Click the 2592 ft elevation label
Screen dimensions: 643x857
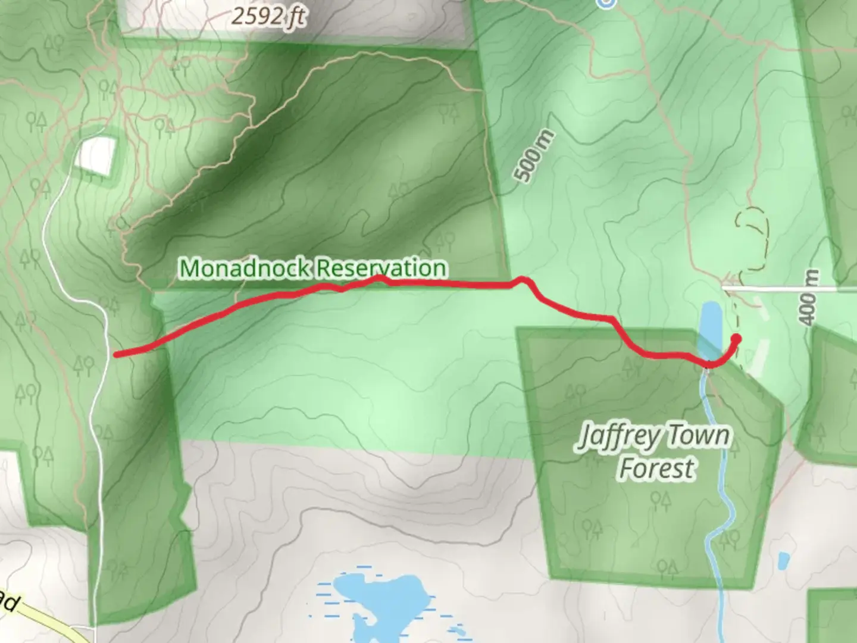(x=268, y=16)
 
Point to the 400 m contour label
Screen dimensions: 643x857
(x=809, y=297)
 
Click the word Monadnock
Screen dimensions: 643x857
(x=246, y=268)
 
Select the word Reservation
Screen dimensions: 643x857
(x=381, y=268)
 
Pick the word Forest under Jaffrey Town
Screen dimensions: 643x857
(x=656, y=468)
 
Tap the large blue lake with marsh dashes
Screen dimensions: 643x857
(x=381, y=595)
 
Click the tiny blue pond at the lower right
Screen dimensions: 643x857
(x=784, y=560)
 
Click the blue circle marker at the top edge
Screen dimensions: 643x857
(x=606, y=3)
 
